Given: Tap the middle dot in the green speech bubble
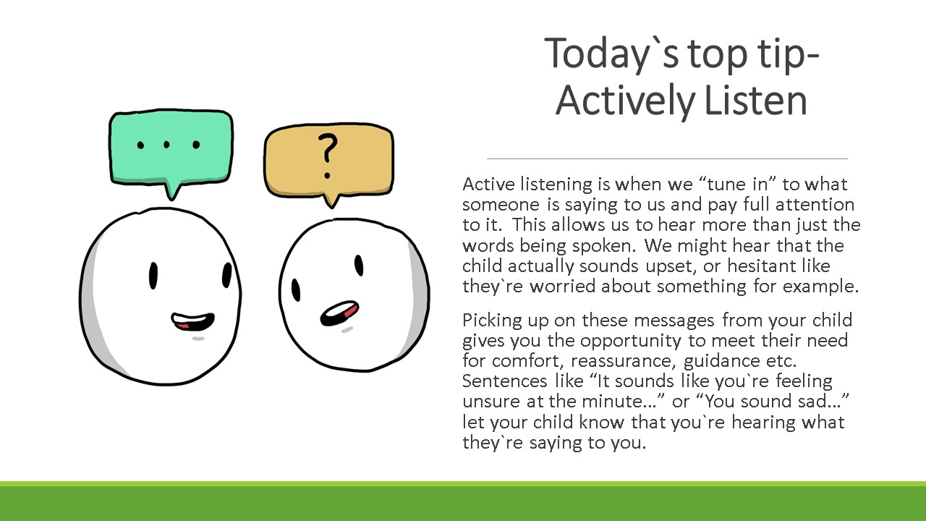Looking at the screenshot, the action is pos(166,144).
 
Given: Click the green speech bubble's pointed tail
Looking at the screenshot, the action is pos(172,191).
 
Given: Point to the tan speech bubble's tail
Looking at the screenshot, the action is pos(331,200).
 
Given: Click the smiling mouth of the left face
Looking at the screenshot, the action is pos(192,321).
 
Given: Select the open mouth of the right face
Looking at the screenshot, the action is pos(339,313).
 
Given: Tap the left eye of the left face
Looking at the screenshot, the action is pos(153,276).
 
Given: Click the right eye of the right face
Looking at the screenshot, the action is pos(359,266).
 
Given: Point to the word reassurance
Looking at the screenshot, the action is pos(623,361).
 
